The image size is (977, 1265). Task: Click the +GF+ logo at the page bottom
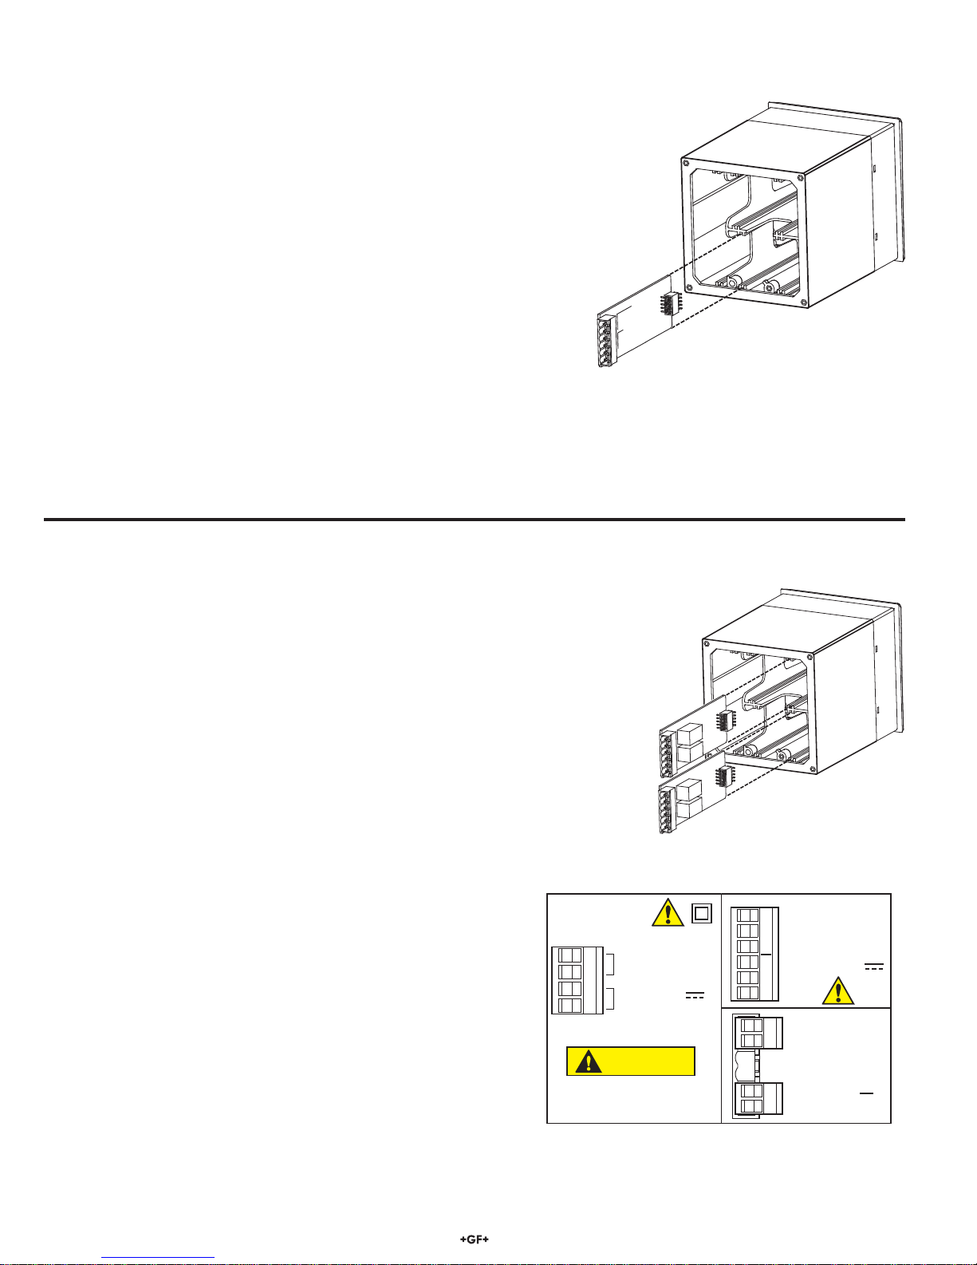click(x=474, y=1239)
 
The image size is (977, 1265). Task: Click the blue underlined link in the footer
click(x=158, y=1258)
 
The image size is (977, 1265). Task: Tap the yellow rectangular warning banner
click(x=630, y=1061)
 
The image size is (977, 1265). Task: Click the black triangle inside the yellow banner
click(x=589, y=1061)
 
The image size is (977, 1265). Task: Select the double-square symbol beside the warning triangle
click(x=702, y=913)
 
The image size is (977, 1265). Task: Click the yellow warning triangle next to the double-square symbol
click(x=668, y=912)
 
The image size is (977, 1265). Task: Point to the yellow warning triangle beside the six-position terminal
click(x=838, y=990)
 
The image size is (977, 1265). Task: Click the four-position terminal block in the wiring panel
click(x=577, y=981)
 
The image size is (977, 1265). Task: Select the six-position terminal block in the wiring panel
click(x=754, y=954)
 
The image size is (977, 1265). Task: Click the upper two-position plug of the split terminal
click(x=758, y=1033)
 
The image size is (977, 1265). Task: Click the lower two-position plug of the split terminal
click(x=758, y=1098)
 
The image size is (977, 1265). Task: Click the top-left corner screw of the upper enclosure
click(x=686, y=163)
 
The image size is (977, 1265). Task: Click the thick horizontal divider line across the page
click(x=475, y=520)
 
